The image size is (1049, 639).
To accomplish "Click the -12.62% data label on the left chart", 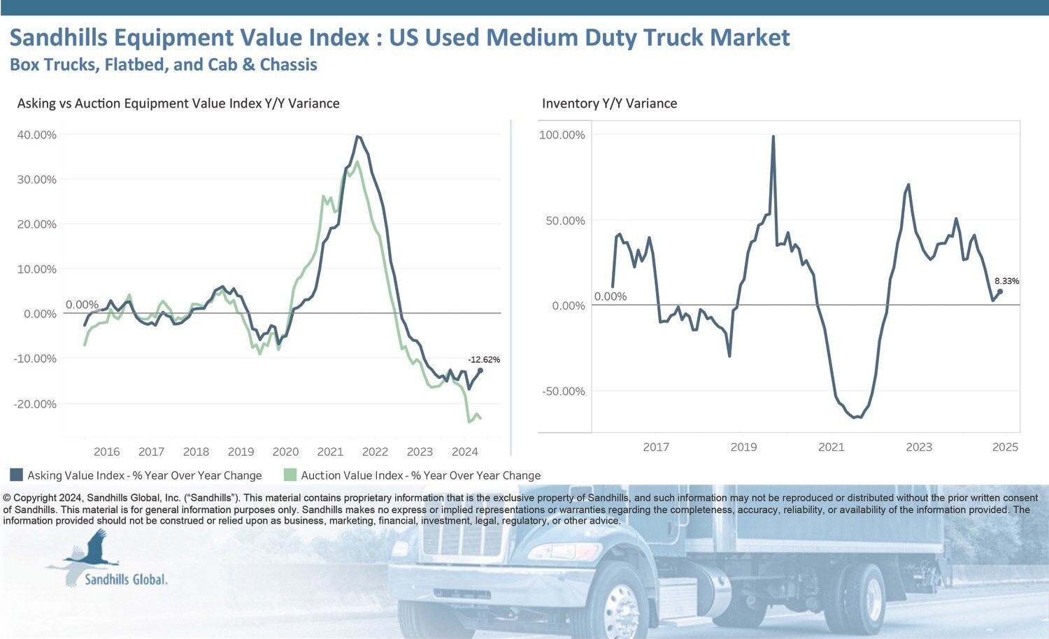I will pyautogui.click(x=484, y=359).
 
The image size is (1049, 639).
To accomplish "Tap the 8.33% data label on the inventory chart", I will pyautogui.click(x=1006, y=281).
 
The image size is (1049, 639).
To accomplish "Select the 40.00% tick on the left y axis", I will pyautogui.click(x=36, y=135).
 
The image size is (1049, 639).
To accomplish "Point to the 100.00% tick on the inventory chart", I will pyautogui.click(x=562, y=135).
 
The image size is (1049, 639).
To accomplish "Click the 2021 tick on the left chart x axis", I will pyautogui.click(x=330, y=452).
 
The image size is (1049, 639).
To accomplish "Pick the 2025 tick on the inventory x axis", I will pyautogui.click(x=1005, y=447).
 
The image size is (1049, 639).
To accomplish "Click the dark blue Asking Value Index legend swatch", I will pyautogui.click(x=17, y=475).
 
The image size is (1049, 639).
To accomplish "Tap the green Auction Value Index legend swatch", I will pyautogui.click(x=290, y=475).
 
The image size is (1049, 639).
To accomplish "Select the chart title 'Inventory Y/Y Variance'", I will pyautogui.click(x=609, y=103).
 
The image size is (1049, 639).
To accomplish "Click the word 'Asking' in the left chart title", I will pyautogui.click(x=36, y=103).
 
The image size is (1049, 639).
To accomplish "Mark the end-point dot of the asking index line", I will pyautogui.click(x=480, y=371).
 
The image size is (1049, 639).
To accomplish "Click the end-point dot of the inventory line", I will pyautogui.click(x=1000, y=292).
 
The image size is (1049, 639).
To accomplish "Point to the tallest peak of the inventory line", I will pyautogui.click(x=773, y=137).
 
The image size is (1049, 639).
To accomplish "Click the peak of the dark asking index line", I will pyautogui.click(x=357, y=137).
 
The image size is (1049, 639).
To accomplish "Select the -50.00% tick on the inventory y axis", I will pyautogui.click(x=563, y=391).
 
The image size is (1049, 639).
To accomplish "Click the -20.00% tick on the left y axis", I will pyautogui.click(x=35, y=404).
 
